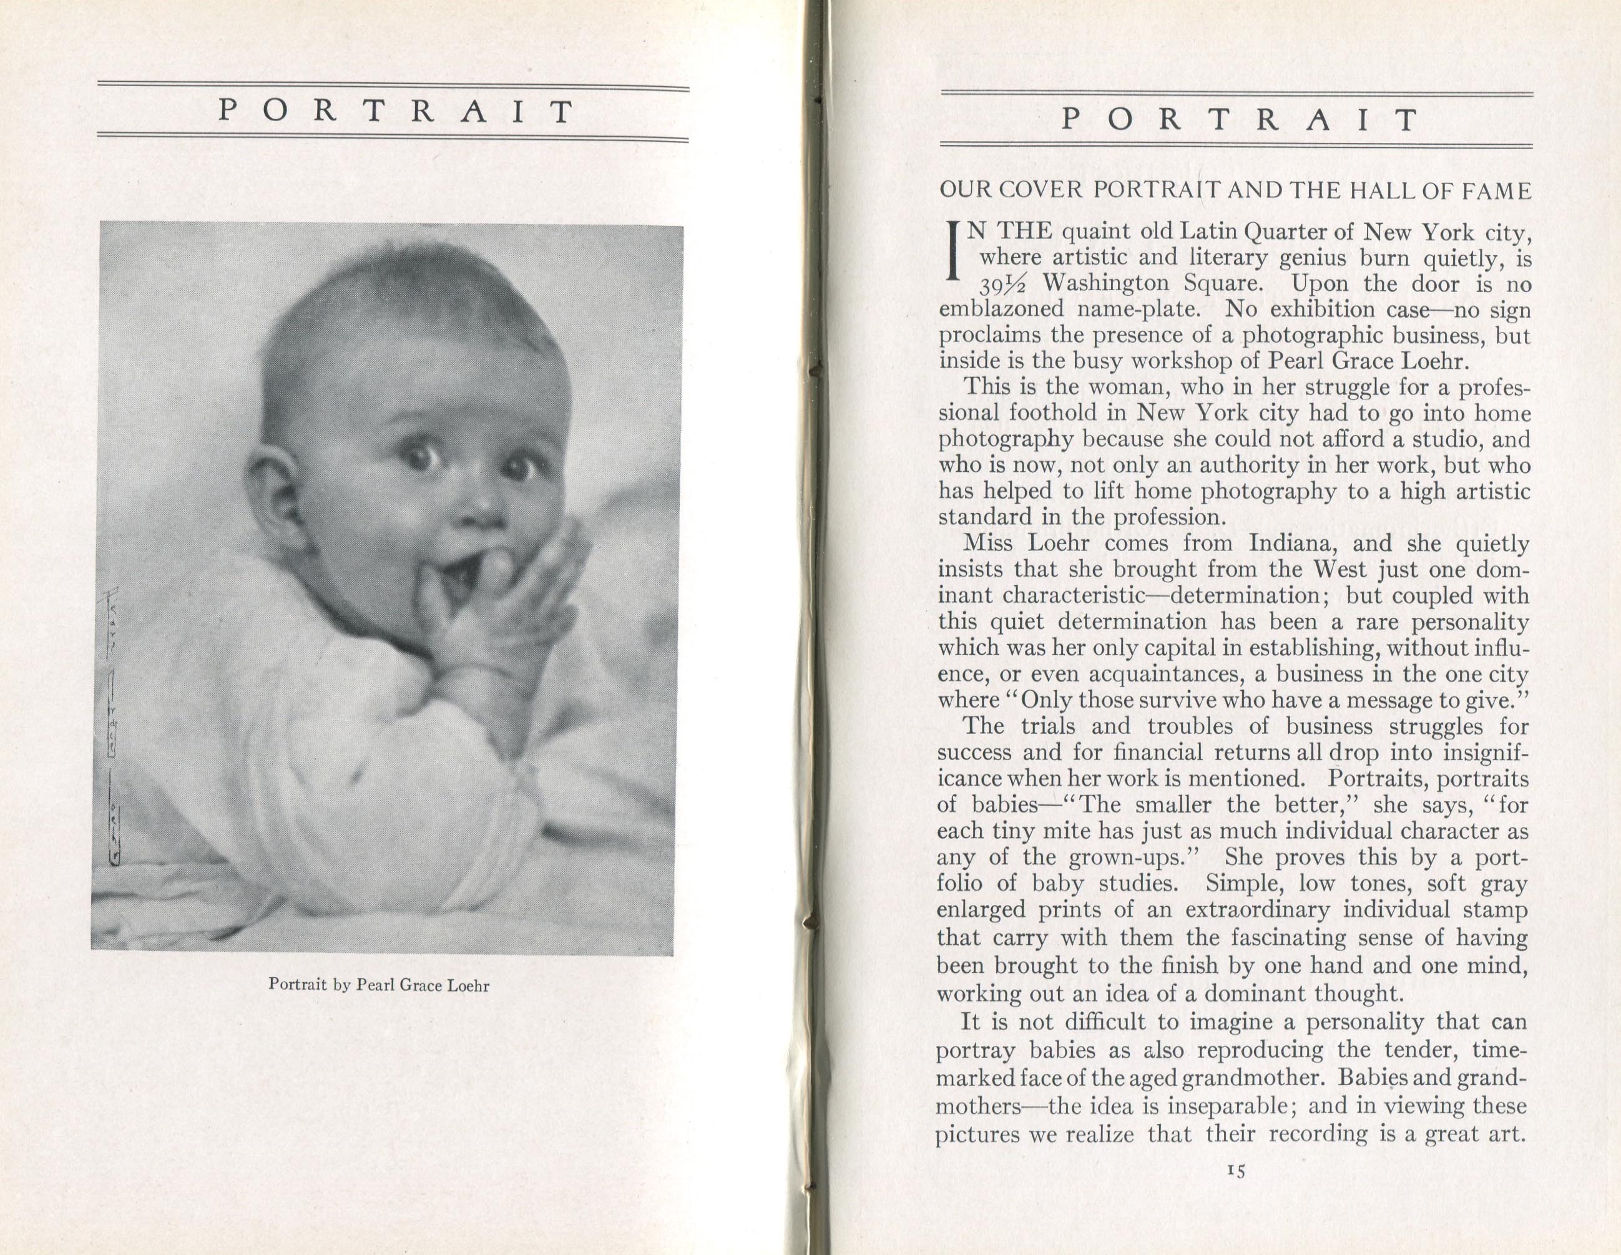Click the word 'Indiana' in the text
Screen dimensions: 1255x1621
point(1293,544)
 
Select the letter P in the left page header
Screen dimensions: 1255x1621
point(229,112)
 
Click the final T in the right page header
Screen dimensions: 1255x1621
point(1406,120)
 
